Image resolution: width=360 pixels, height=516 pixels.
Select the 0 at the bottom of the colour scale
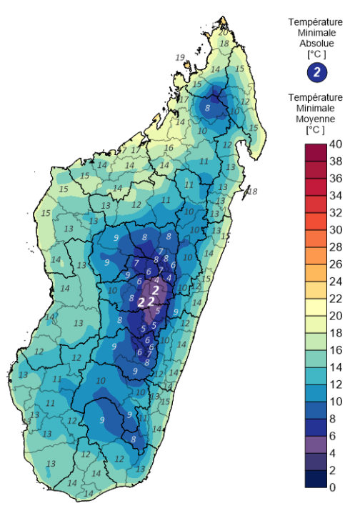(333, 487)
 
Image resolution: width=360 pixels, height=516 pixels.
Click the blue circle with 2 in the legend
(316, 71)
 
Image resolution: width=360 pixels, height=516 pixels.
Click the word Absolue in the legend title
(316, 43)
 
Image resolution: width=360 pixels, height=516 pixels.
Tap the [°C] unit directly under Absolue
(316, 54)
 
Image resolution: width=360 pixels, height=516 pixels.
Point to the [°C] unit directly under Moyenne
(316, 129)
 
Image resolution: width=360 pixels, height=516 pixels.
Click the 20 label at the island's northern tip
(224, 32)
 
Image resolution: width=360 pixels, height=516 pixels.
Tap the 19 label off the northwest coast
(179, 57)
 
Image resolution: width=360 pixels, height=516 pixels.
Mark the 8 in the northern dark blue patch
(208, 108)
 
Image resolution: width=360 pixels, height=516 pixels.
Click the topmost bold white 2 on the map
(156, 289)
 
